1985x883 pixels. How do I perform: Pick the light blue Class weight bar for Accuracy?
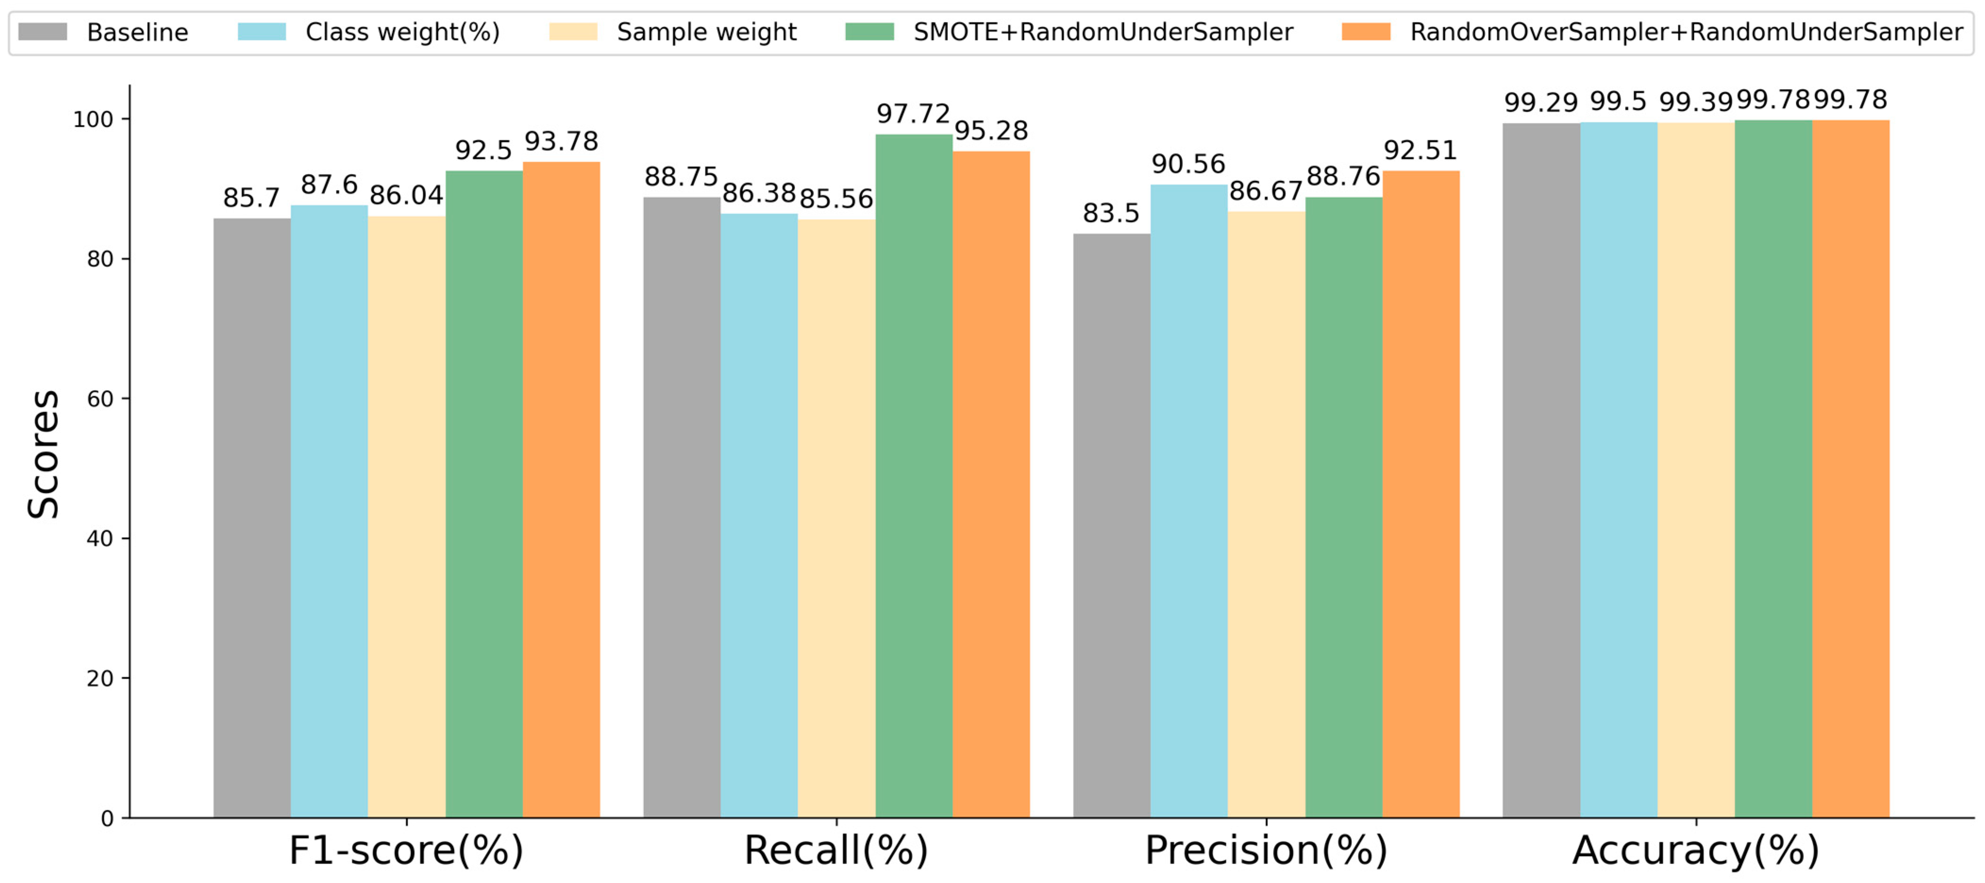[1618, 469]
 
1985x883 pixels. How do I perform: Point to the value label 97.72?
[913, 114]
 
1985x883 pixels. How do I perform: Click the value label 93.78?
[561, 142]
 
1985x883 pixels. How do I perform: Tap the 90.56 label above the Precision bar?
[1188, 164]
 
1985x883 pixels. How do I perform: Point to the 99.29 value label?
[1541, 102]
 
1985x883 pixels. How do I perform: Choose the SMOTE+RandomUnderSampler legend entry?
[1102, 33]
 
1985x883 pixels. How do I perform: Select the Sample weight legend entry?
[706, 33]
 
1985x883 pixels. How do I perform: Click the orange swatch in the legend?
[1365, 32]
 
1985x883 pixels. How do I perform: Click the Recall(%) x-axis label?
[836, 850]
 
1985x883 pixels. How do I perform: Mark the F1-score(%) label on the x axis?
[406, 850]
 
